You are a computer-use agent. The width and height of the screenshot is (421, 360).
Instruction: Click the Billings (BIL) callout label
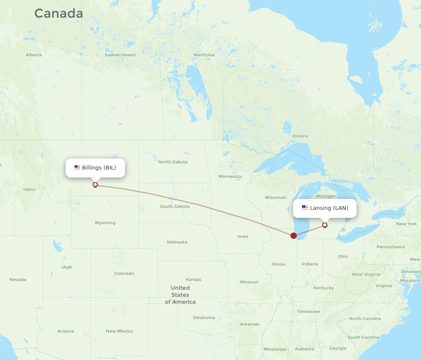point(96,168)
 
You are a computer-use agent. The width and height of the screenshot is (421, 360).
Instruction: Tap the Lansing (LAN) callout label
point(325,208)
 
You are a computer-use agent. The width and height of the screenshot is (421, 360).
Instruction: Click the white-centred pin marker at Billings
point(95,184)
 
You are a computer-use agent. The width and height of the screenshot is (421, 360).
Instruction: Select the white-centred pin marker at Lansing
point(325,225)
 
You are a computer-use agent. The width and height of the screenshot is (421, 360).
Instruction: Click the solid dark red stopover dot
point(293,236)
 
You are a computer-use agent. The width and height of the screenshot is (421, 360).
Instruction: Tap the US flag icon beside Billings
point(77,167)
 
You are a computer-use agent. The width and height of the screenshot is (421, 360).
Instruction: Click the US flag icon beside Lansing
point(305,208)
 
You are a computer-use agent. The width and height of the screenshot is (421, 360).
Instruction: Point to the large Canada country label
point(59,13)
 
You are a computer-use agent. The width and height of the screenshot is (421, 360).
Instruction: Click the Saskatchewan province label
point(120,55)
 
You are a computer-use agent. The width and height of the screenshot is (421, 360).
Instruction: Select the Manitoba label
point(204,55)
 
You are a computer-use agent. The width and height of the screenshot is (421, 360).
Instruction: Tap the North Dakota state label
point(173,162)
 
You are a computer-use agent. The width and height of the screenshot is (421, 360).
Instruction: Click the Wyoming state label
point(105,223)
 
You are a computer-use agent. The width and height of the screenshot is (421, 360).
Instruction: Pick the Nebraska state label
point(177,242)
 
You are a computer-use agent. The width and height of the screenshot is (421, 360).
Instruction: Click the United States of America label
point(180,295)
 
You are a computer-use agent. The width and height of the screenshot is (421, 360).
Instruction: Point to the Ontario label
point(300,136)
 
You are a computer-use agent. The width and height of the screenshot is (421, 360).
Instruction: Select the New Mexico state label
point(119,331)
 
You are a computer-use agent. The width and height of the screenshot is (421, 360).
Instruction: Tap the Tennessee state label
point(308,311)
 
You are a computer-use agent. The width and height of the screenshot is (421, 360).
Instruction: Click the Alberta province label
point(34,55)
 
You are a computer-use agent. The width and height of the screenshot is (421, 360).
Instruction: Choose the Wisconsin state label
point(276,198)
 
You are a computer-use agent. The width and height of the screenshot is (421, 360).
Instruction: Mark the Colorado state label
point(124,273)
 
